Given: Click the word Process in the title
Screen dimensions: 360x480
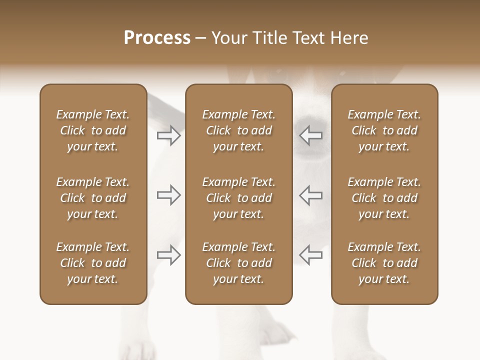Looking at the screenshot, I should point(157,38).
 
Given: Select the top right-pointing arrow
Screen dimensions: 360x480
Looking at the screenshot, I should point(168,135).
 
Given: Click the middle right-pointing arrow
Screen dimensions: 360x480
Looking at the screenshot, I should point(168,195).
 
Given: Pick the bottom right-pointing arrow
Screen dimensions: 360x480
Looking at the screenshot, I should point(168,255).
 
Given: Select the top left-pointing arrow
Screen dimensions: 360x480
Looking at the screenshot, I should point(311,135).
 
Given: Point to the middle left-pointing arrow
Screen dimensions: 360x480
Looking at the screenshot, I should point(311,195).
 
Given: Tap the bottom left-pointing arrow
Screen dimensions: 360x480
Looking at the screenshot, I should point(311,255).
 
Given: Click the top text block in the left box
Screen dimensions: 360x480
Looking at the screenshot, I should point(93,130).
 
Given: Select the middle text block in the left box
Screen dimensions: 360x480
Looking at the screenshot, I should point(93,198).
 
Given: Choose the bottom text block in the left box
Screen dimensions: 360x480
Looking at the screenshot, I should point(93,263).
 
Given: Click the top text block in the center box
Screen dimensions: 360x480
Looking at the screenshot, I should point(238,130).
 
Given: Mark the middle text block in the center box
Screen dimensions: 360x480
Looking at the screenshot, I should point(238,198).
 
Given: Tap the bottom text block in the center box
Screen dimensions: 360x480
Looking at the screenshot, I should point(238,263).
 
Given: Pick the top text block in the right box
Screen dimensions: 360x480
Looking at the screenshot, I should point(384,130).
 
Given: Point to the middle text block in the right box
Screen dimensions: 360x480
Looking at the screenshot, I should point(384,198).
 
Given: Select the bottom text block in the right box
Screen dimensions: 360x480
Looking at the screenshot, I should point(384,263).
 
